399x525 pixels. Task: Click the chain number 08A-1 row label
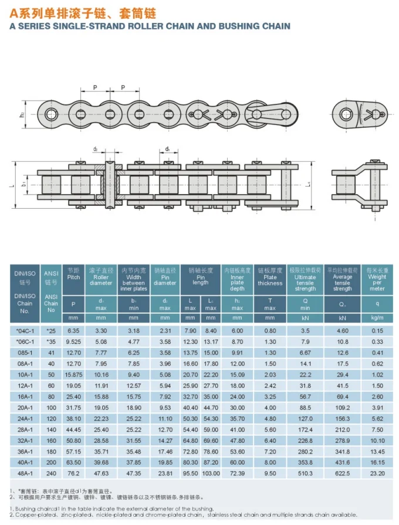(x=25, y=364)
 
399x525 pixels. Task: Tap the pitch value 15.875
(x=73, y=374)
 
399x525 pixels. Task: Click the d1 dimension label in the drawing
(x=168, y=150)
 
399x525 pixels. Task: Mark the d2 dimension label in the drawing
(x=95, y=150)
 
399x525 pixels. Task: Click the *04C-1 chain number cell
(x=25, y=331)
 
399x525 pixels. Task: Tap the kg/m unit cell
(x=377, y=318)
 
